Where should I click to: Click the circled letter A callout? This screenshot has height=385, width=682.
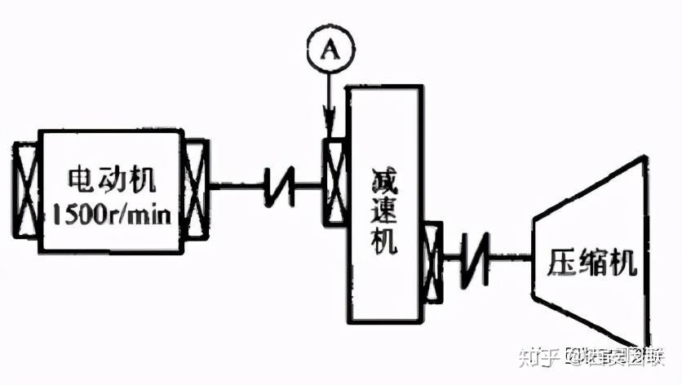pos(327,51)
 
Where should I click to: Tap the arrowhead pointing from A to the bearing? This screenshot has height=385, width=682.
pos(329,131)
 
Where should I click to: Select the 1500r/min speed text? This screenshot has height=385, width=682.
pos(111,215)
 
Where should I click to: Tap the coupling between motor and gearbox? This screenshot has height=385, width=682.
pos(278,188)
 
